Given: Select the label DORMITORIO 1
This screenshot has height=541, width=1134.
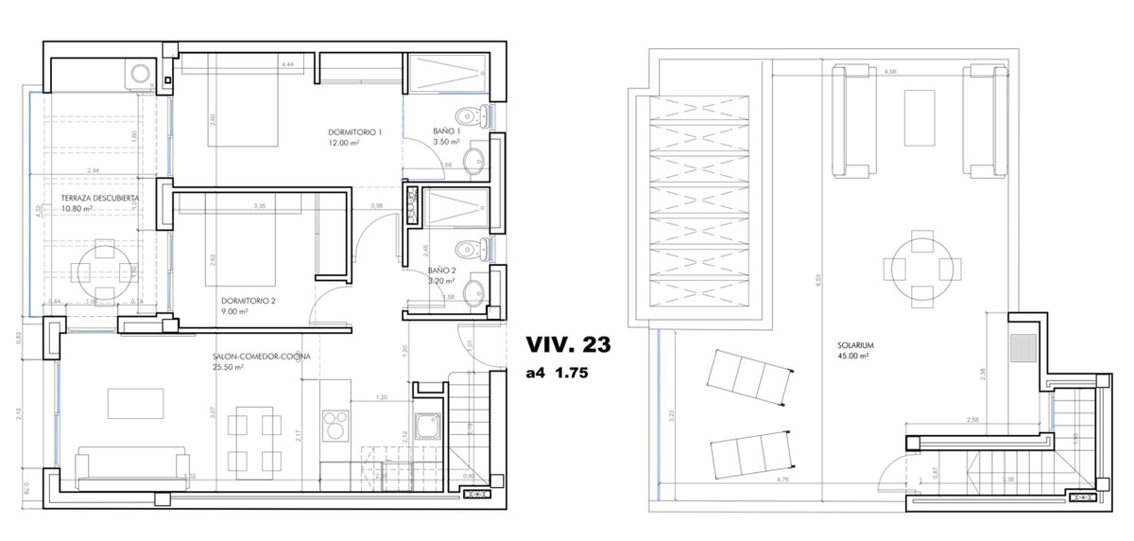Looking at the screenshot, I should pos(354,131).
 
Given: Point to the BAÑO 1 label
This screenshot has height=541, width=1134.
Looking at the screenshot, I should pos(446,131).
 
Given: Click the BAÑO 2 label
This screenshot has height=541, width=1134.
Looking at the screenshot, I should pos(442,270).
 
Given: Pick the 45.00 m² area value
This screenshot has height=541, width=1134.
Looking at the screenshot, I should pos(854,357).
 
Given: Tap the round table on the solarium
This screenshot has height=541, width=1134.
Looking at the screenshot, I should pos(916,267).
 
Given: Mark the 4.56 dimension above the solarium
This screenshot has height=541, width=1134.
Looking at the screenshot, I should pos(888,72).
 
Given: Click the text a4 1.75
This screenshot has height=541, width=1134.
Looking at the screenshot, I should pos(558,373).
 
